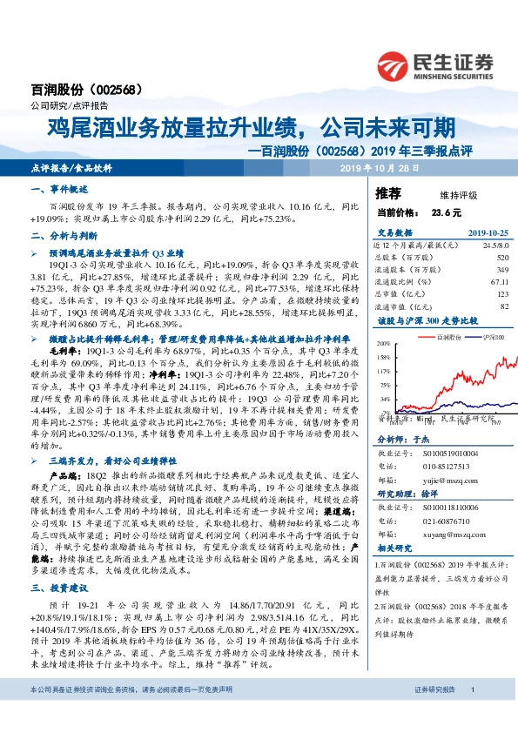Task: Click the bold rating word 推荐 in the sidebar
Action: click(x=387, y=192)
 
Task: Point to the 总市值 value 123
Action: click(x=501, y=294)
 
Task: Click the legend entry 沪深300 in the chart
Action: click(x=486, y=335)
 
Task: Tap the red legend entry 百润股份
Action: click(x=447, y=335)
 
